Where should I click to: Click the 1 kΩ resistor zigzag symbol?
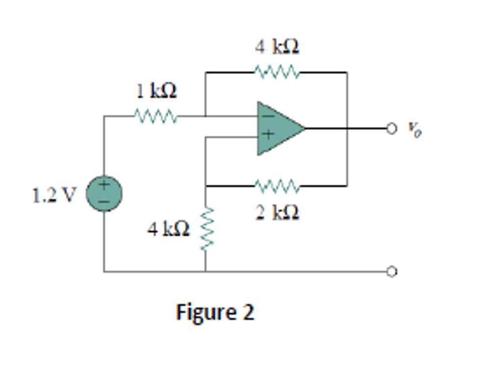(156, 117)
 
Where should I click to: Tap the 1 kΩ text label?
(156, 91)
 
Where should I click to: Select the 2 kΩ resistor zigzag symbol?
(276, 186)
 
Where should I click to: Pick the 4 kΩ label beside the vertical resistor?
(168, 228)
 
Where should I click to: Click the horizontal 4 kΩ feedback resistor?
(276, 72)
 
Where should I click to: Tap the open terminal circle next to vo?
(391, 128)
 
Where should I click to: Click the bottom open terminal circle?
(391, 271)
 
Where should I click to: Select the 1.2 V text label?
(54, 196)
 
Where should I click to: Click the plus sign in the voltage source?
(104, 185)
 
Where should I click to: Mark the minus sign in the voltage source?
(104, 201)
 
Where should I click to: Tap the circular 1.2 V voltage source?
(104, 194)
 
